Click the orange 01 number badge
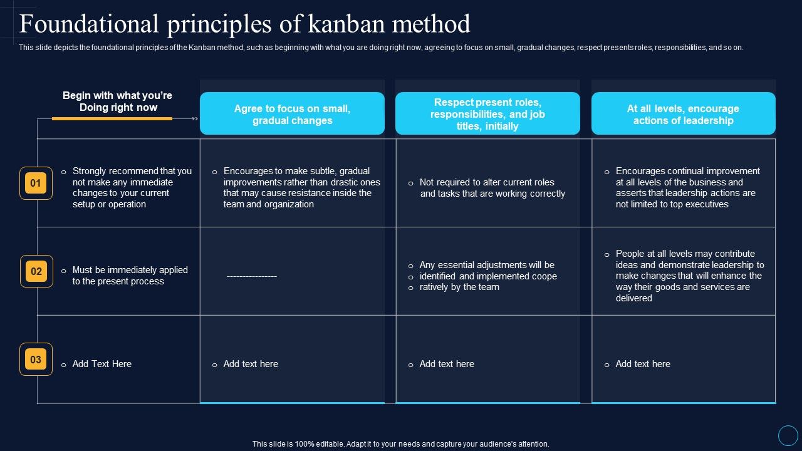point(36,184)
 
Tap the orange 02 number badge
point(36,271)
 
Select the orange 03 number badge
point(36,360)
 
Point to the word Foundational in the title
point(89,24)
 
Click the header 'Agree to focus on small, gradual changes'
point(292,114)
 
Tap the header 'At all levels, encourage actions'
point(683,114)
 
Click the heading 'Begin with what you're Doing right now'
point(117,101)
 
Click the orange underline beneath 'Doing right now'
point(112,118)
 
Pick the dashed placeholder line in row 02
point(252,276)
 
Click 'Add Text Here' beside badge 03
point(102,364)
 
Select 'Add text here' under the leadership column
point(643,364)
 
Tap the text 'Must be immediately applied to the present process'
point(130,276)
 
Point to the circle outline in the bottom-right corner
point(788,435)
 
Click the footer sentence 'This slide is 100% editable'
point(400,443)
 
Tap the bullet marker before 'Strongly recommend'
point(64,172)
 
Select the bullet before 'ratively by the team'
point(410,288)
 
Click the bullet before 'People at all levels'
point(607,255)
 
